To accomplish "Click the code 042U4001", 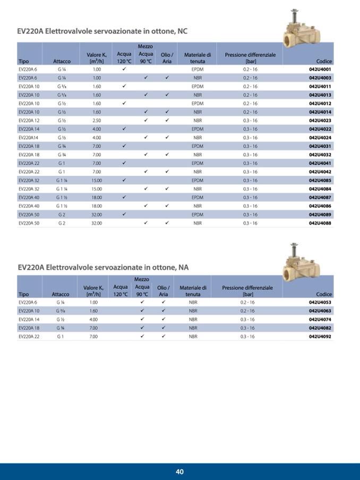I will [320, 69].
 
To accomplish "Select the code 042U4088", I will [320, 223].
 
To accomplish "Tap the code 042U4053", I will [320, 302].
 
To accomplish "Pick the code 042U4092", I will [320, 336].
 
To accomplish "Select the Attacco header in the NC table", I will [62, 61].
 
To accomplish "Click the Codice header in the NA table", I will [323, 294].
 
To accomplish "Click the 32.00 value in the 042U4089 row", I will [97, 215].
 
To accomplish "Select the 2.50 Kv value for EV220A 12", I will [97, 121].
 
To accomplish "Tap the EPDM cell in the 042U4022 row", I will [198, 129].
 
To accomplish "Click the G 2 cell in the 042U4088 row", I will [62, 223].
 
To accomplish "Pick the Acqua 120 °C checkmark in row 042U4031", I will [124, 146].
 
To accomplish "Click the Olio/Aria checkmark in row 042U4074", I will [164, 319].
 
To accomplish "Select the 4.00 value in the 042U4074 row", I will [93, 319].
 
